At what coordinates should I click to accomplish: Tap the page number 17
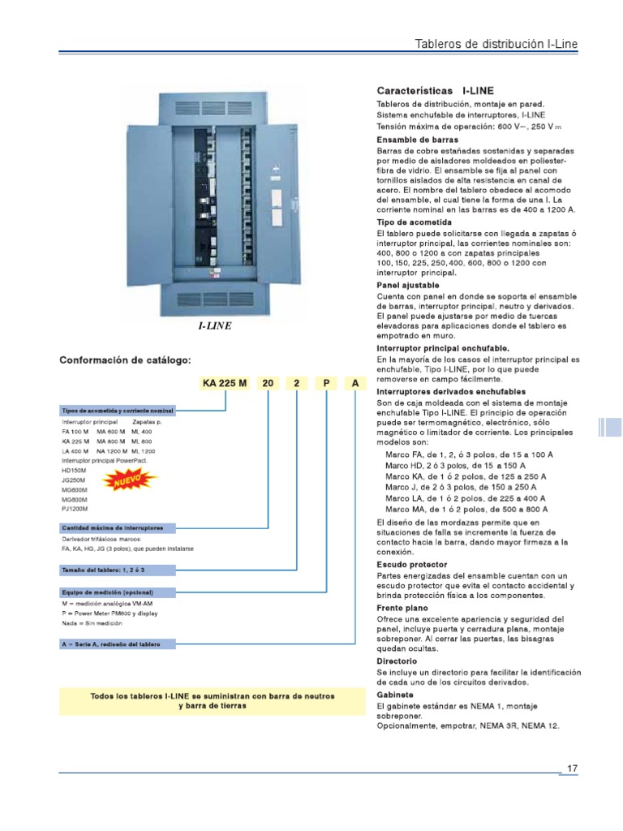click(x=572, y=768)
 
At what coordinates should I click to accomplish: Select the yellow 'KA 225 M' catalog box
click(x=220, y=382)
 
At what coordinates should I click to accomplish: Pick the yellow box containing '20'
click(x=268, y=382)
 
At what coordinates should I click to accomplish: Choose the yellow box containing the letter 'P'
click(x=326, y=382)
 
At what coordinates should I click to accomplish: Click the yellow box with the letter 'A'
click(x=355, y=382)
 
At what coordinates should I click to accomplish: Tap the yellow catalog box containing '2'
click(x=297, y=382)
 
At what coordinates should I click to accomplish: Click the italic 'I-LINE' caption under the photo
click(x=215, y=325)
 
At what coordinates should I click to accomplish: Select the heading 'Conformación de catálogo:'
click(x=126, y=360)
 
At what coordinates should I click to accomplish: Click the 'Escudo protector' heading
click(x=412, y=564)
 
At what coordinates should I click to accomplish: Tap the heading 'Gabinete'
click(x=395, y=695)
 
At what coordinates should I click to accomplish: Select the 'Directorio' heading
click(x=397, y=661)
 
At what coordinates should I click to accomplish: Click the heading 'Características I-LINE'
click(x=435, y=90)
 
